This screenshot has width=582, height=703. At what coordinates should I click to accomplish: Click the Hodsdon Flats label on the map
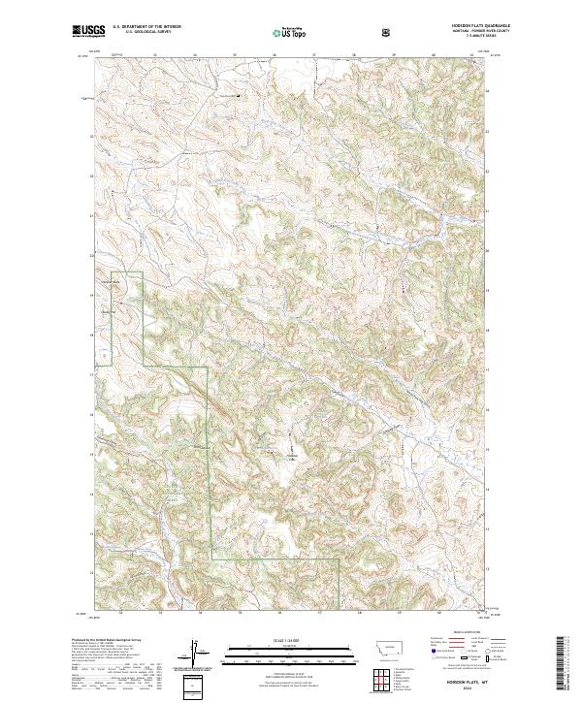(292, 455)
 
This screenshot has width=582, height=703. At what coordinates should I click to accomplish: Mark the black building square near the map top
(242, 95)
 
